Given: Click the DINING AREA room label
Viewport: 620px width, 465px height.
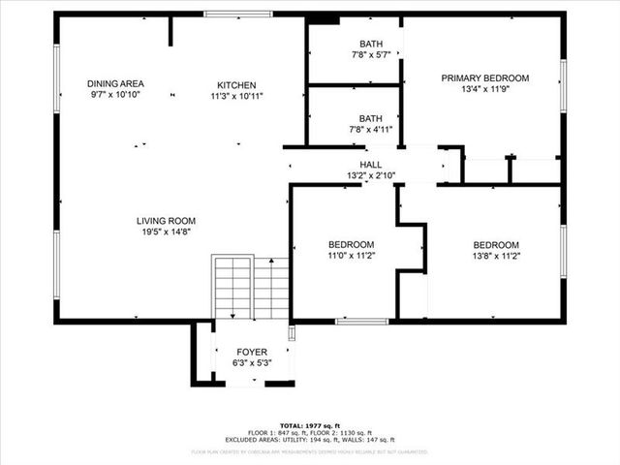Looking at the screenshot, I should [115, 84].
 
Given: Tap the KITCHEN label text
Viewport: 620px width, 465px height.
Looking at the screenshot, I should [236, 84].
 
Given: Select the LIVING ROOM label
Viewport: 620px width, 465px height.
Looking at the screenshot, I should [166, 221].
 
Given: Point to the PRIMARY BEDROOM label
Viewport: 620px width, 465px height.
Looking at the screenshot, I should [484, 78].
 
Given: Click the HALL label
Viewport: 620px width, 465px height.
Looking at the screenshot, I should [370, 165].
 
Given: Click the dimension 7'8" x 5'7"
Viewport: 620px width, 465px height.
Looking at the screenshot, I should [370, 55].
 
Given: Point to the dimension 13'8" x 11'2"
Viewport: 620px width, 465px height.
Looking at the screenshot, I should [495, 257].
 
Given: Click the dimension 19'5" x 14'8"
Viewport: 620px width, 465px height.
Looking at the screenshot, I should [166, 232].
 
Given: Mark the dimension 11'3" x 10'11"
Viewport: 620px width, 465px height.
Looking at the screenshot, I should [236, 96].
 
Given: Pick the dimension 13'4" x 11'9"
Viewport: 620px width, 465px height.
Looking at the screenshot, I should [484, 90].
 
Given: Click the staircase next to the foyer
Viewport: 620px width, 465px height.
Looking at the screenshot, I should [250, 288].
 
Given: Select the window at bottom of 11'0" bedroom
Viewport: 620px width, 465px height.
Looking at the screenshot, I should [361, 321].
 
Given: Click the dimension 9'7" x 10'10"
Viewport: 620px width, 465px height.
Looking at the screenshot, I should [115, 96].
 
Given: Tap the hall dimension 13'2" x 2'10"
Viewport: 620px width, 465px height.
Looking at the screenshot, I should [370, 175].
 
